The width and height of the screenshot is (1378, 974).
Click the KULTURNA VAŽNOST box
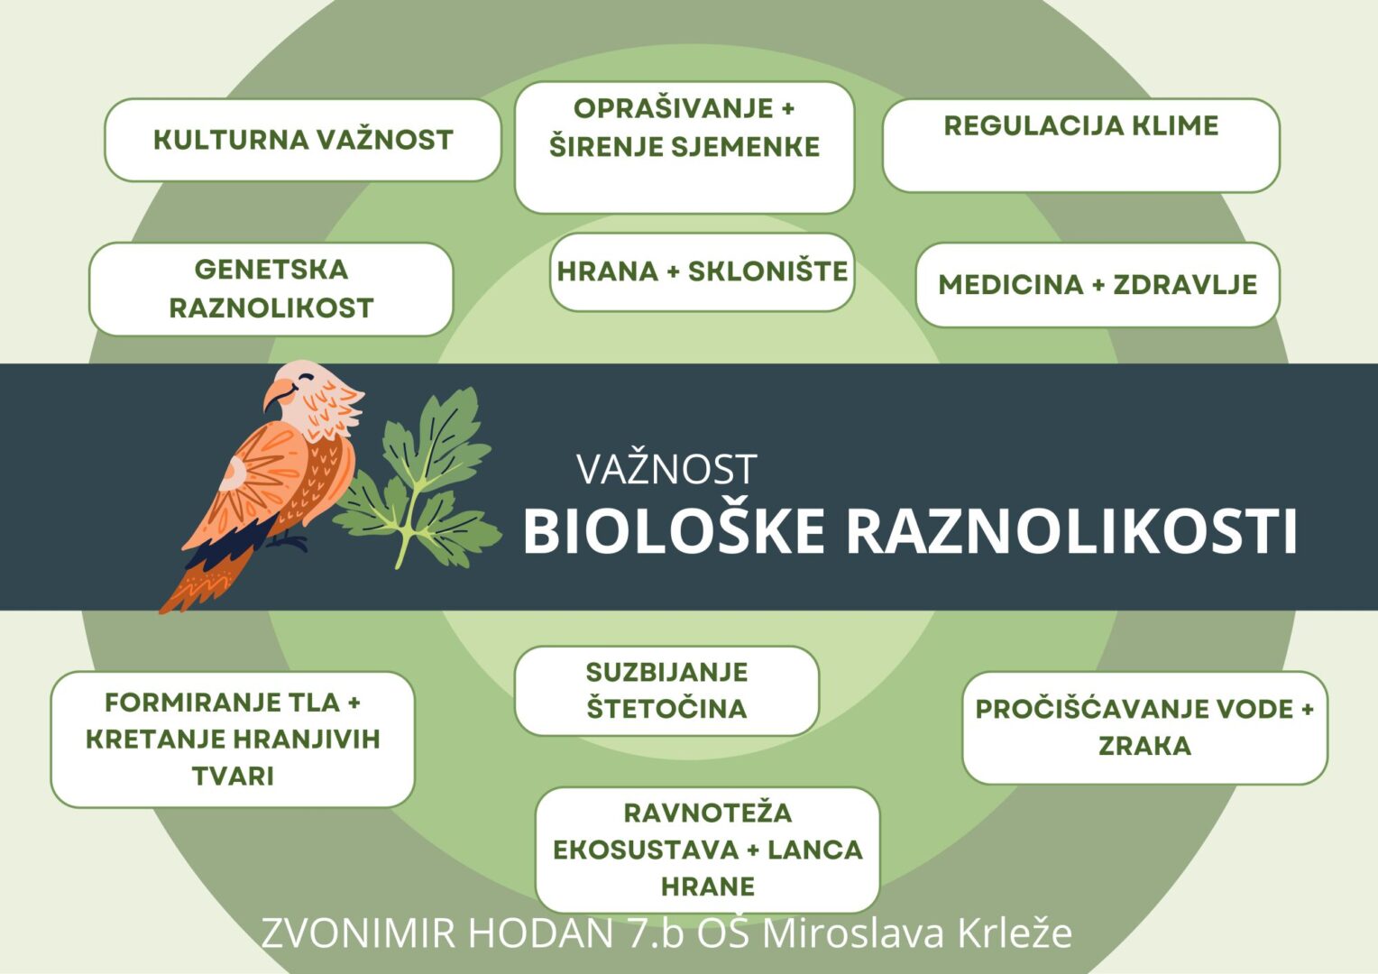303,140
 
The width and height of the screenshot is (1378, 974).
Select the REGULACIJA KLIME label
1081,125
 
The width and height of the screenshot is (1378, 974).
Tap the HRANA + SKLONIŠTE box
702,272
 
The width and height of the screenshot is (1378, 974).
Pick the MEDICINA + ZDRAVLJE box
1098,284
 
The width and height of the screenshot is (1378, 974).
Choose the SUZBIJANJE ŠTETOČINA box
666,690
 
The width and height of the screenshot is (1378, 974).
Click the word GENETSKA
271,270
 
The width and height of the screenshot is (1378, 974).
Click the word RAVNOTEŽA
707,813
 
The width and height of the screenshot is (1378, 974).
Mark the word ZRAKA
1144,746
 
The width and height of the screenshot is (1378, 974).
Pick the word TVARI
233,776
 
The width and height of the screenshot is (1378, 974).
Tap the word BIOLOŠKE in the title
674,531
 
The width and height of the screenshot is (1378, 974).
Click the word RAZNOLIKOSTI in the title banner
1071,531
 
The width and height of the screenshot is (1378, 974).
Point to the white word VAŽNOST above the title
666,470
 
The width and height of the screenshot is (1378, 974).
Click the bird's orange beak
277,394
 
